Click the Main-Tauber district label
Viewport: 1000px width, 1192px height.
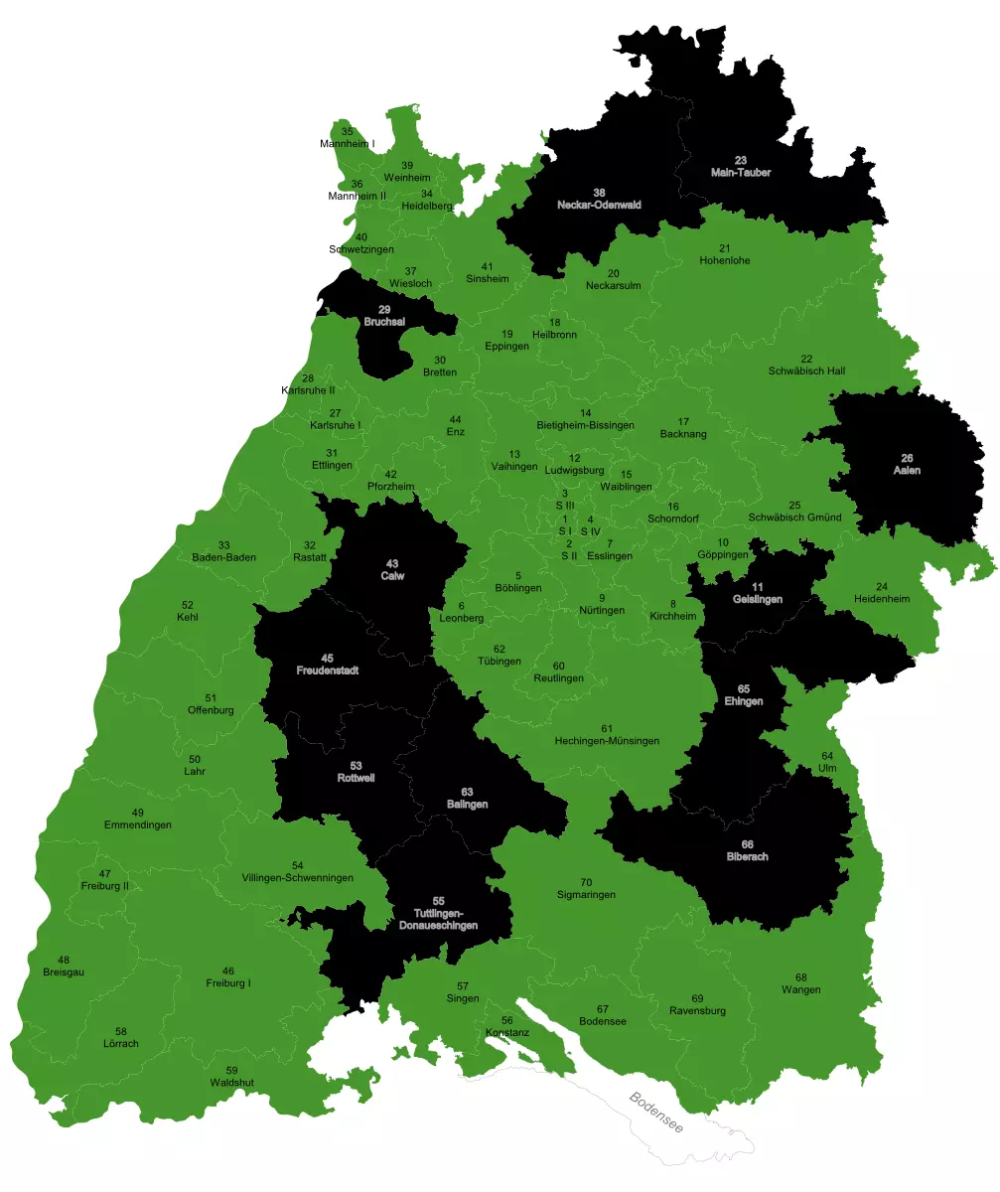[741, 172]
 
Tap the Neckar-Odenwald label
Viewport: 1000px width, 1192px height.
[599, 205]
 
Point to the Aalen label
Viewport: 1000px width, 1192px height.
[907, 470]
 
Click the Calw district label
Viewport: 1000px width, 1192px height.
[392, 575]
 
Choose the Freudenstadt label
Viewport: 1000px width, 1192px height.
[328, 670]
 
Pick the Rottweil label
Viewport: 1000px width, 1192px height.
[356, 778]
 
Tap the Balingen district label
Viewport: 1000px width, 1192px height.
[467, 804]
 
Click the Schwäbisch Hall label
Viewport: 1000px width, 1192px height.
[806, 371]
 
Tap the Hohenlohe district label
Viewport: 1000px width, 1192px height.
[725, 260]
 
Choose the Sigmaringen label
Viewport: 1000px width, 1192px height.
[586, 894]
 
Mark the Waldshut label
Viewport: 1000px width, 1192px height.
[231, 1082]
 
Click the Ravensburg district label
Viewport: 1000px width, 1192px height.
[697, 1011]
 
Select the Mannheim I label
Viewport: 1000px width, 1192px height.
[348, 144]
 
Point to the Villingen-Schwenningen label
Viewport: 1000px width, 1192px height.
[298, 878]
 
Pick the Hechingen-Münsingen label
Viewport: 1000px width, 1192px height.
[606, 741]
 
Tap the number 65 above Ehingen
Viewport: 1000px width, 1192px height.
[744, 689]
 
